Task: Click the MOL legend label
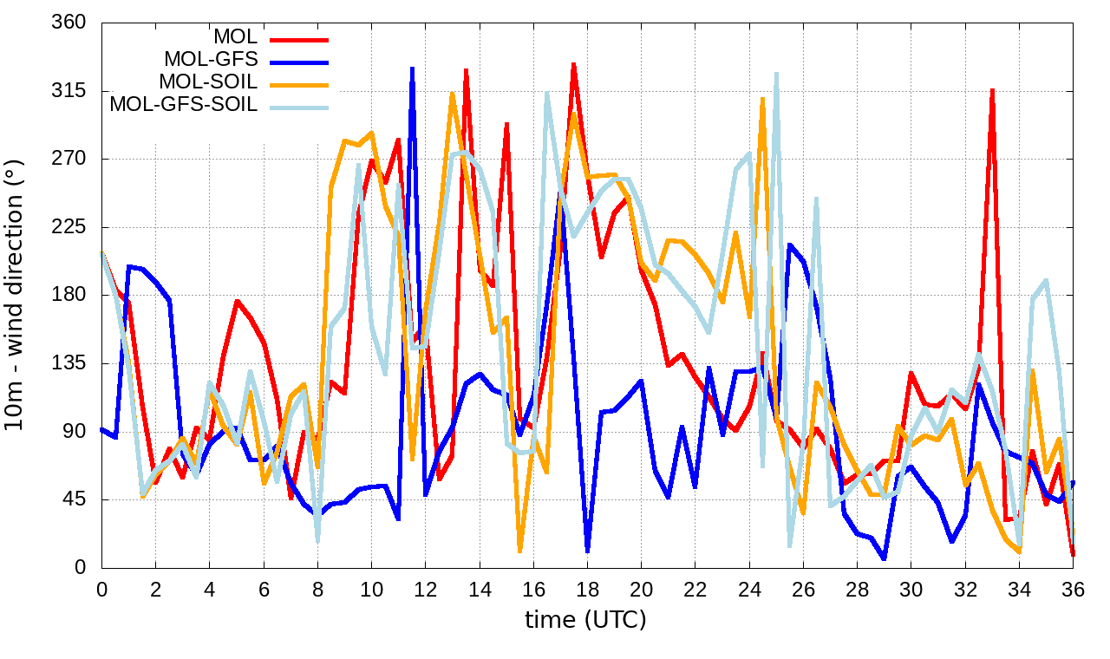pos(235,38)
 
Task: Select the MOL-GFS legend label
pos(210,61)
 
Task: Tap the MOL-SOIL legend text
pos(208,83)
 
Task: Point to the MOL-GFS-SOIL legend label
pos(183,106)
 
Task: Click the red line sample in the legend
pos(299,39)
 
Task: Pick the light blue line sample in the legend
pos(299,107)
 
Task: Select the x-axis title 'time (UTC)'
pos(585,619)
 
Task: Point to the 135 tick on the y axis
pos(69,363)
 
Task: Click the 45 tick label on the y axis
pos(75,499)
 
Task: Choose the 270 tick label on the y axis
pos(69,159)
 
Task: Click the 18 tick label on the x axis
pos(587,589)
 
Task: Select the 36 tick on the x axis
pos(1073,589)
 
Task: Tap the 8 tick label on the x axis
pos(317,589)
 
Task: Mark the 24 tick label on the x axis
pos(749,589)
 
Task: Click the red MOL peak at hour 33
pos(992,89)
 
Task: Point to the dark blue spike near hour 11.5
pos(412,69)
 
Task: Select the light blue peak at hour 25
pos(776,74)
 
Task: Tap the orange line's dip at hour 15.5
pos(520,550)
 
